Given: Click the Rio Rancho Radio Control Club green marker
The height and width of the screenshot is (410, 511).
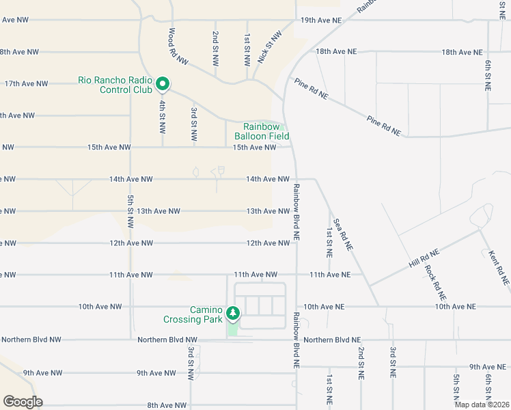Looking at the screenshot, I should (163, 84).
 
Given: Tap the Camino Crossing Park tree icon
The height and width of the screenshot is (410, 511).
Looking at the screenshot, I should (234, 313).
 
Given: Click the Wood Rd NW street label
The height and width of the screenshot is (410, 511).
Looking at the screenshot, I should (178, 46).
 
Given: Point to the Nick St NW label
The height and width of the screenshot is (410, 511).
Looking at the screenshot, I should (269, 47).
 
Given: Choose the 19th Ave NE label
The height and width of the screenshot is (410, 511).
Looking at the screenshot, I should (321, 20).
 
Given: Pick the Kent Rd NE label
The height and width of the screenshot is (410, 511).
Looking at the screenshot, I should (499, 267).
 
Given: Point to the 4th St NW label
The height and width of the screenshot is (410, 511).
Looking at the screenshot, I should (163, 115).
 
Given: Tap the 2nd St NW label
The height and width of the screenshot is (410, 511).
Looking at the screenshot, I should (215, 47).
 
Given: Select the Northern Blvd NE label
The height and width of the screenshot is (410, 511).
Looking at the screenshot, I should (332, 340).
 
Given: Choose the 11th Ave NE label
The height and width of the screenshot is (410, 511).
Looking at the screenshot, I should (330, 275).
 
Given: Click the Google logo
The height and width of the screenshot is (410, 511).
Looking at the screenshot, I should (23, 402).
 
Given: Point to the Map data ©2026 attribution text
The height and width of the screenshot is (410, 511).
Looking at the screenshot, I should (482, 405).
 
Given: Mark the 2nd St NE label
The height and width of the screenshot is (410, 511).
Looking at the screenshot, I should (361, 363).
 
